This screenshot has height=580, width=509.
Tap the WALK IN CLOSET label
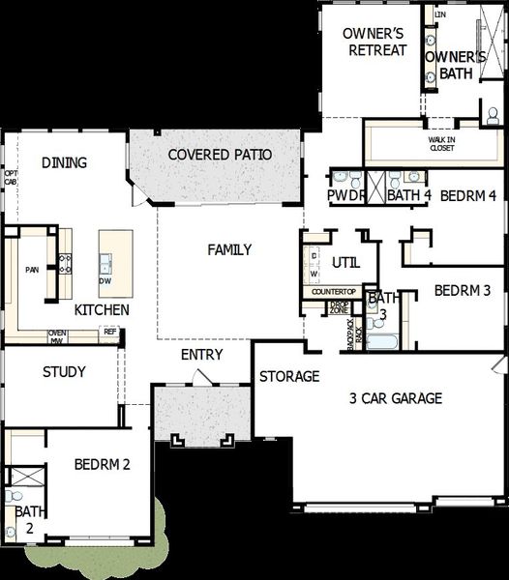(441, 144)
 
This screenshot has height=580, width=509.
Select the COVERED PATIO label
(220, 155)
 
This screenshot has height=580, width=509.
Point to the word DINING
(65, 162)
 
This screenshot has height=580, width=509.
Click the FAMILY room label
(229, 249)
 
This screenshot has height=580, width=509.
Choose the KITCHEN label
(102, 310)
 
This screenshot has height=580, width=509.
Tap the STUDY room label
(65, 371)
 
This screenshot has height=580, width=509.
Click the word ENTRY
(201, 355)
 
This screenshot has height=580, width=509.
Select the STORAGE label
(288, 376)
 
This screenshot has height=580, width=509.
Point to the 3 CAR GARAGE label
(395, 397)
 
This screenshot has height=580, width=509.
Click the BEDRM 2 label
(102, 465)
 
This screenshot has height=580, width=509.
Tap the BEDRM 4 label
(468, 195)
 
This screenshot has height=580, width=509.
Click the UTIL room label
(345, 262)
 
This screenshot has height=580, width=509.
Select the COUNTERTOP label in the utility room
(333, 291)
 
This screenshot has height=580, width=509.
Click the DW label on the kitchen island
(105, 281)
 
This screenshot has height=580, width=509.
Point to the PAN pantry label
(31, 270)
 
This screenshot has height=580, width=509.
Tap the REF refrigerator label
(110, 332)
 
